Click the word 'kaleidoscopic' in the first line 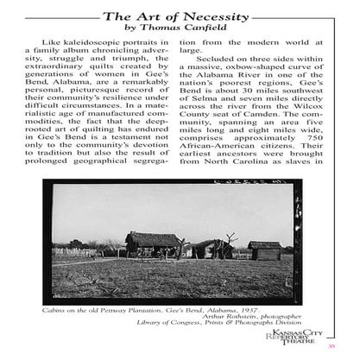coord(103,53)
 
